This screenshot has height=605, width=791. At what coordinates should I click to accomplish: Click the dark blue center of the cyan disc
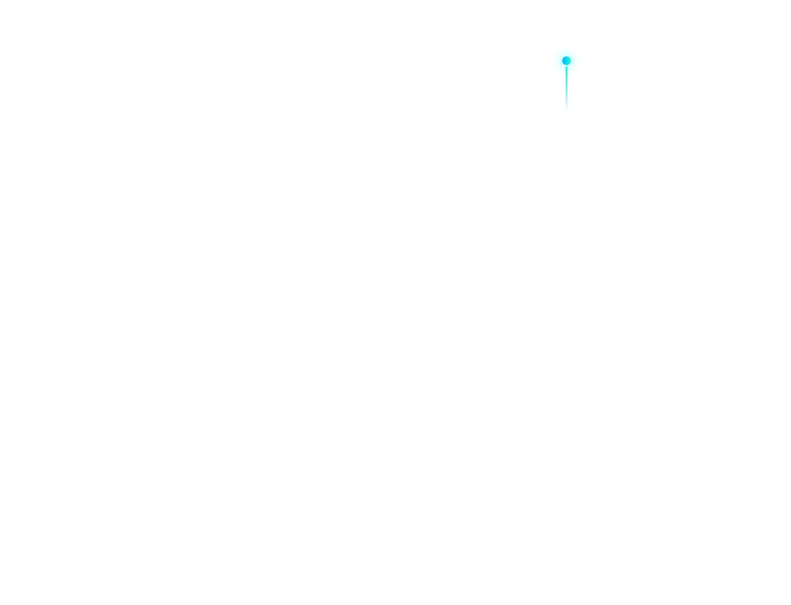coord(566,60)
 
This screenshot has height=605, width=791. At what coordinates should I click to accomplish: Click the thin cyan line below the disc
coord(566,93)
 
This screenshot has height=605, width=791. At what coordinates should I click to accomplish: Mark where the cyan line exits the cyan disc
coord(566,76)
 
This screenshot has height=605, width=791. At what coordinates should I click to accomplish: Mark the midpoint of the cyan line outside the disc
coord(566,93)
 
